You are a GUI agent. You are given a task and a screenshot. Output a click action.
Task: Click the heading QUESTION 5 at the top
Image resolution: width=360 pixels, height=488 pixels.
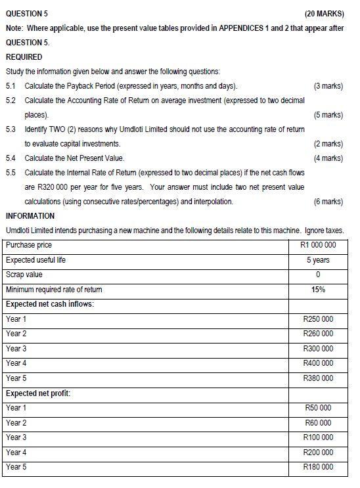coord(26,14)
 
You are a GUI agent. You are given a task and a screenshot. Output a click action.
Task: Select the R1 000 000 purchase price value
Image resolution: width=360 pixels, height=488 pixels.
coord(318,246)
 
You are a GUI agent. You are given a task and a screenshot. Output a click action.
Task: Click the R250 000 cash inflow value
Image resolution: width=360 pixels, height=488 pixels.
coord(318,319)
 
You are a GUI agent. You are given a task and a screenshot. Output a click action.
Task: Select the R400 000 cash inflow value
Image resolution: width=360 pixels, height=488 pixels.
coord(318,363)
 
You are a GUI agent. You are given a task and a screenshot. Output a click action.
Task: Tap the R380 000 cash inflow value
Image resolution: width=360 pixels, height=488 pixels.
coord(318,378)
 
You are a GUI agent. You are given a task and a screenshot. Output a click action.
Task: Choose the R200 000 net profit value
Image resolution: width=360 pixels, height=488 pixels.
coord(318,452)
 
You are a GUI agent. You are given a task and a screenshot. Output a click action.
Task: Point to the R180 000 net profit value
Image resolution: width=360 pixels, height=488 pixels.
coord(318,467)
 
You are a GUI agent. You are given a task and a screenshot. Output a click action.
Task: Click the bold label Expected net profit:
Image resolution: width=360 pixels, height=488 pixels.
coord(37,393)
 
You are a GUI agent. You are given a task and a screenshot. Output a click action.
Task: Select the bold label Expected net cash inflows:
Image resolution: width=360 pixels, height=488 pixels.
coord(49,304)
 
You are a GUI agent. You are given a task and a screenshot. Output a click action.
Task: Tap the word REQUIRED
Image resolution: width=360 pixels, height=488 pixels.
coord(24,57)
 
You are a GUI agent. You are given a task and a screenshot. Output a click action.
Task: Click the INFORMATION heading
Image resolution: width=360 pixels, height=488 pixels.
coord(30,216)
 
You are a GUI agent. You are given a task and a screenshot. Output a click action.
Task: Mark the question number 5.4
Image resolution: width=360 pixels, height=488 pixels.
coord(11,158)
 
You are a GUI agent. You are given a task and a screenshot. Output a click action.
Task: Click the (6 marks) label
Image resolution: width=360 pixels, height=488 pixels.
coord(328,202)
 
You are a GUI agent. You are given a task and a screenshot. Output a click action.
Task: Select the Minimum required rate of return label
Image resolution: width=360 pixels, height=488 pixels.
coord(54,290)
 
